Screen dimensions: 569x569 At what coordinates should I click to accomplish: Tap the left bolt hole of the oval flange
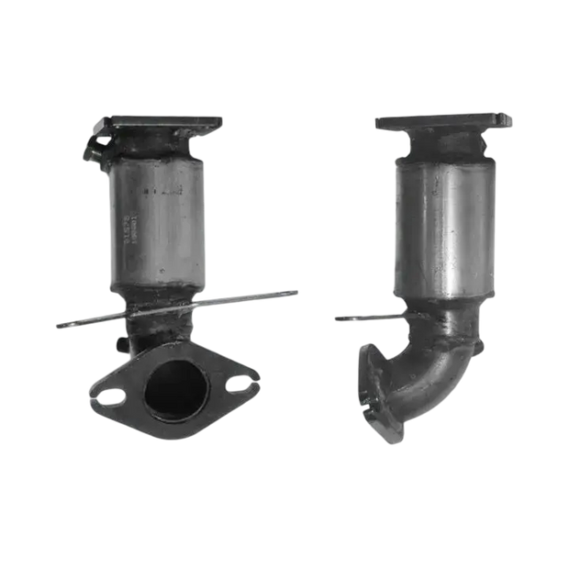[110, 396]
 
